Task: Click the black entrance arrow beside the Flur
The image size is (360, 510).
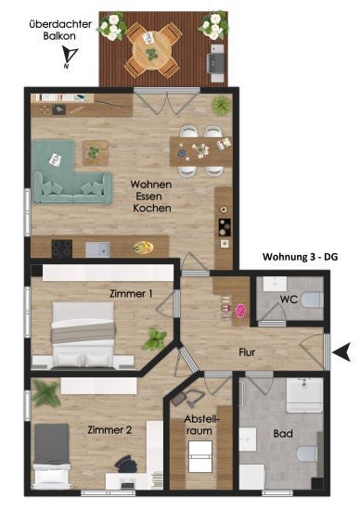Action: [x=342, y=352]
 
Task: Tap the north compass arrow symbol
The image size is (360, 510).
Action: [x=71, y=57]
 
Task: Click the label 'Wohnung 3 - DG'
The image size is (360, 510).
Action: [x=300, y=257]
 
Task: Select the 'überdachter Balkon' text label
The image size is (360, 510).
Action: [x=60, y=31]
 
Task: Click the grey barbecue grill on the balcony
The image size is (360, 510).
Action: [x=216, y=63]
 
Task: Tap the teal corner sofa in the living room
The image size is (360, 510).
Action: [x=71, y=172]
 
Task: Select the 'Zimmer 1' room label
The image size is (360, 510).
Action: [x=131, y=294]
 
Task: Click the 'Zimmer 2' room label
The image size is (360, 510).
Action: [x=109, y=430]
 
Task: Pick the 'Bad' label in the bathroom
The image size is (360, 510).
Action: [x=283, y=433]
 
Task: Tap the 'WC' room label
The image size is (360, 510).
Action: [x=289, y=300]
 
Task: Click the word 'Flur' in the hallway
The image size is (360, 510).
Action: [x=247, y=352]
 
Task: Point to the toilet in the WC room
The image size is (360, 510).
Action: [x=312, y=300]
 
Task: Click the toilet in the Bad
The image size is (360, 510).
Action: [x=308, y=453]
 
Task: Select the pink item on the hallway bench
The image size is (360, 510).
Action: [x=240, y=311]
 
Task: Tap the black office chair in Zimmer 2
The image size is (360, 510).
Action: [x=125, y=464]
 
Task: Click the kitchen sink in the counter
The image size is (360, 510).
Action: [x=97, y=249]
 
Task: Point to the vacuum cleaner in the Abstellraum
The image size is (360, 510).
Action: [x=187, y=398]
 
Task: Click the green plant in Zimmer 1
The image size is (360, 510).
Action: [x=155, y=338]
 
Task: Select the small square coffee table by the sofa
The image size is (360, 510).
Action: [x=95, y=153]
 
